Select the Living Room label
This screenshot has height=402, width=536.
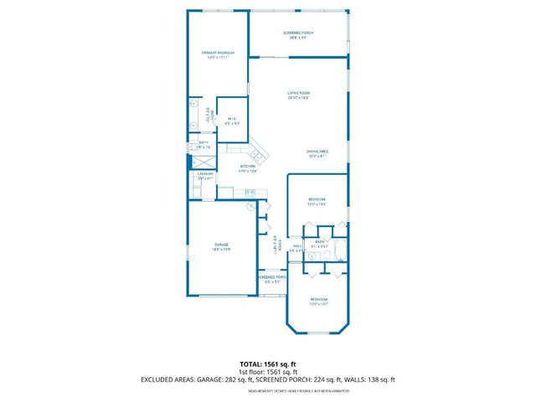(x=299, y=93)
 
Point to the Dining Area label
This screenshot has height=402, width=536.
(x=316, y=151)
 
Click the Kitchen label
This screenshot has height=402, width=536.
(x=248, y=167)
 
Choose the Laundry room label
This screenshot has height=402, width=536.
(x=205, y=175)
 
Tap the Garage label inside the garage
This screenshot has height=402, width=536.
(x=221, y=245)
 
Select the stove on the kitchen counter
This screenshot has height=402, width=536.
(x=250, y=193)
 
